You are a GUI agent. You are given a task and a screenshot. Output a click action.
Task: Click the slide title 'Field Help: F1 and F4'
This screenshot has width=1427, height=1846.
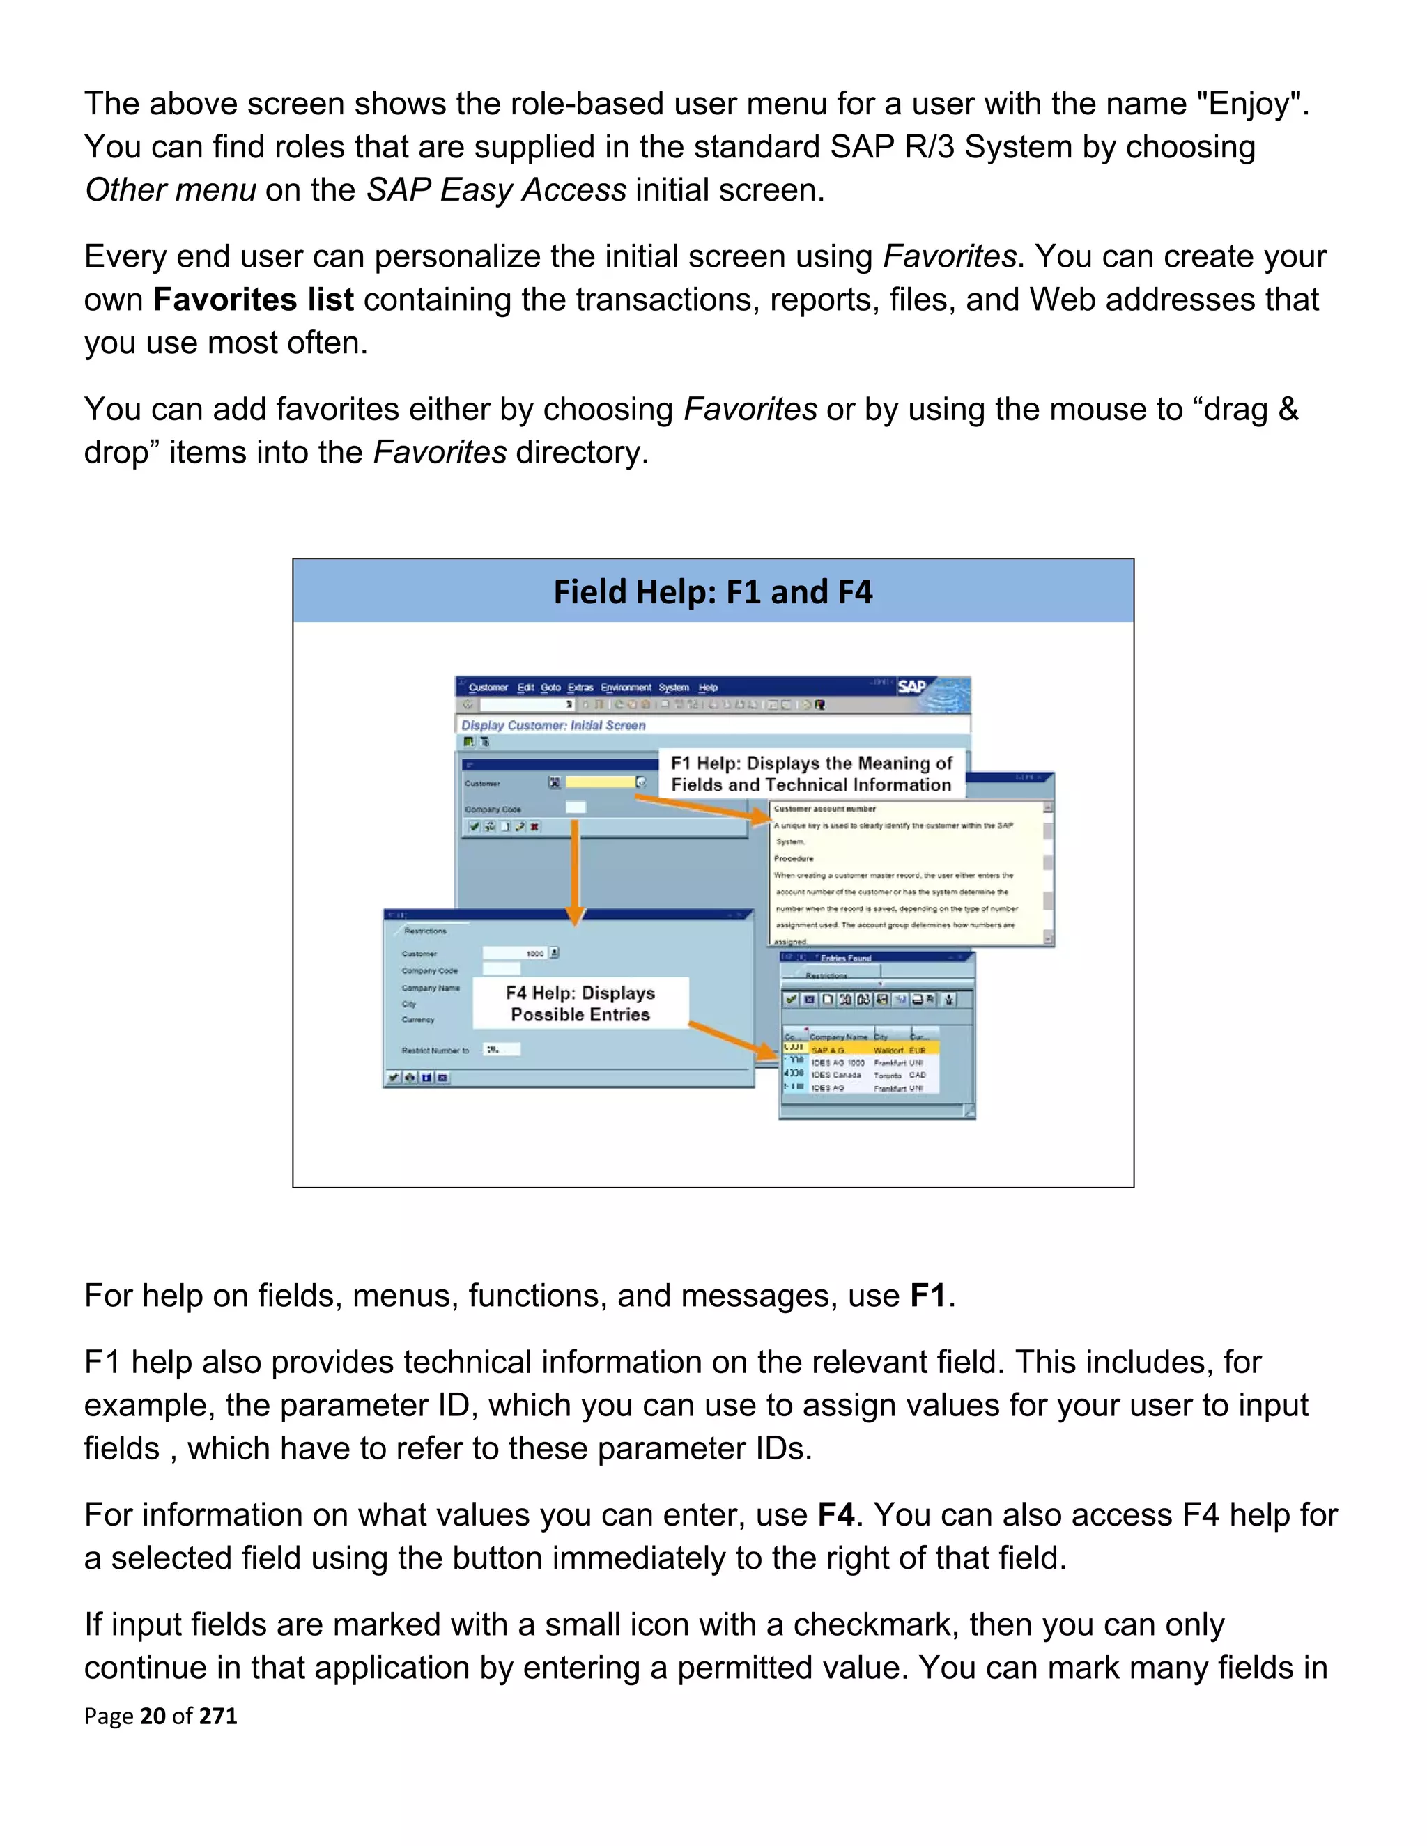(x=713, y=591)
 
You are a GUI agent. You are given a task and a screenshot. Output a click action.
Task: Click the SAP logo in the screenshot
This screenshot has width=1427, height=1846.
(x=911, y=686)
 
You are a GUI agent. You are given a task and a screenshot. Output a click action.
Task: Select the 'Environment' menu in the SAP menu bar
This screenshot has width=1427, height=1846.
(x=626, y=687)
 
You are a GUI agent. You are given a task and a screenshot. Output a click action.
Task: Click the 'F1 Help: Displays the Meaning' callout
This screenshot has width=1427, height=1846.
(x=811, y=773)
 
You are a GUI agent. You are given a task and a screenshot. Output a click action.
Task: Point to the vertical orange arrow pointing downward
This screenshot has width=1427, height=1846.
(x=575, y=871)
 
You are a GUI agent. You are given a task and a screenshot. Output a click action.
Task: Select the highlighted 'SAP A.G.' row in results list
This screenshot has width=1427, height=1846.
(x=863, y=1050)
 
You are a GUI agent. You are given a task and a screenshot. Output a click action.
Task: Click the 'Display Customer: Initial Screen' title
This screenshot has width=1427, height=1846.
(x=553, y=725)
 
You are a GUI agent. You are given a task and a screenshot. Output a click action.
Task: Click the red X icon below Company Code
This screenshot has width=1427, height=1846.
(x=534, y=827)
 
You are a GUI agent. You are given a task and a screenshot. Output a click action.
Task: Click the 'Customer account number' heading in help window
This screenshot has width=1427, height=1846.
(x=824, y=809)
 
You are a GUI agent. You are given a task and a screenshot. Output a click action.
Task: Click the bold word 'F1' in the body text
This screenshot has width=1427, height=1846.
(x=927, y=1296)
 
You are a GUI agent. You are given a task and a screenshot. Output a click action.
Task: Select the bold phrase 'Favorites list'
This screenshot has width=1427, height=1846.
(x=253, y=300)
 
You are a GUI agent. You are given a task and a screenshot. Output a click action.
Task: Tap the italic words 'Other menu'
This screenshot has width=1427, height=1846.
(x=170, y=190)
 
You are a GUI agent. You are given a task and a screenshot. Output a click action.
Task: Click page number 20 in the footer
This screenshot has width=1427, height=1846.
(x=153, y=1715)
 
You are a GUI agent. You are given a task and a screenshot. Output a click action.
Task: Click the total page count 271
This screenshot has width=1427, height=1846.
(x=218, y=1715)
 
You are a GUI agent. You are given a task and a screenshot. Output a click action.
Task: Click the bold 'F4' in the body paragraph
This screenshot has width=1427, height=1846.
(x=835, y=1514)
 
